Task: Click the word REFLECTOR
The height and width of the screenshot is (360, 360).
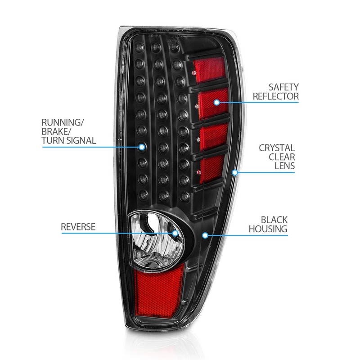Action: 275,96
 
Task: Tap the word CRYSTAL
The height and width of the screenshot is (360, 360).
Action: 277,148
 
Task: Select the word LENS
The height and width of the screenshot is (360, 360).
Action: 285,166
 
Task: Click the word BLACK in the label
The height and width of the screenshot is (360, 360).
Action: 274,220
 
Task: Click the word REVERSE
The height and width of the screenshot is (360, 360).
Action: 78,226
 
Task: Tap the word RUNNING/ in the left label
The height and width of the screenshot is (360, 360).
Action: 63,122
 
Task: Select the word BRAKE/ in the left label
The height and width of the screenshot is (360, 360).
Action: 56,131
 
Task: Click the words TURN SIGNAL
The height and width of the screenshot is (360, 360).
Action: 69,140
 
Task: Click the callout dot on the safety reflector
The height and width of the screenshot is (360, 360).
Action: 216,103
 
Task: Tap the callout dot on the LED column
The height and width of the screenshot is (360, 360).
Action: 142,147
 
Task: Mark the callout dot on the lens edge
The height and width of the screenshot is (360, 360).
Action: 234,172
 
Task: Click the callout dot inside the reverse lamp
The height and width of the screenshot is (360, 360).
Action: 176,233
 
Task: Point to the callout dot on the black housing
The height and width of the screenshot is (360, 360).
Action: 205,235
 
